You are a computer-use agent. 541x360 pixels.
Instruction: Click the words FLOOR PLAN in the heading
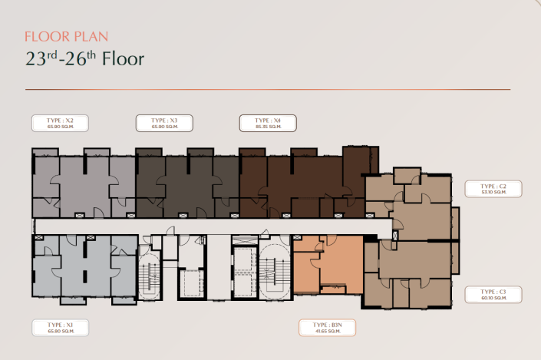(x=66, y=36)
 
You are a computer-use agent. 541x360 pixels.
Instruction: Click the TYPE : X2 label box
(x=59, y=123)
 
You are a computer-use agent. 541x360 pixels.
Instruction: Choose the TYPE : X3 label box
(x=163, y=123)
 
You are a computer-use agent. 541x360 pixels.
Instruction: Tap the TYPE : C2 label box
(x=493, y=189)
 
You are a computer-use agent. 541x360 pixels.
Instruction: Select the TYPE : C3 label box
(x=493, y=295)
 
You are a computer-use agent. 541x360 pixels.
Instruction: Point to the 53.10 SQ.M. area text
(x=493, y=193)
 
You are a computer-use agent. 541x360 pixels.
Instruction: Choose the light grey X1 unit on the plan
(x=84, y=269)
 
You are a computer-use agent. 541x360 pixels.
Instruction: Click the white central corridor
(x=207, y=226)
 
